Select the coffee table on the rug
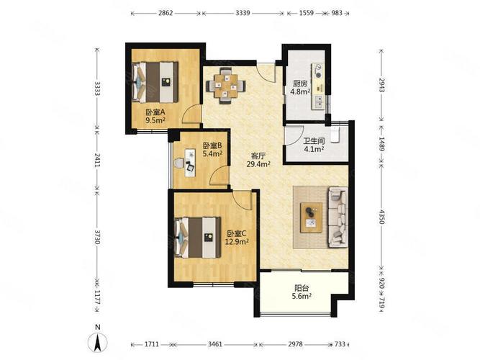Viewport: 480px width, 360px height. pos(312,217)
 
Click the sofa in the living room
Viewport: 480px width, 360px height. pos(338,217)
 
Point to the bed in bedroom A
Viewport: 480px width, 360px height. pos(155,82)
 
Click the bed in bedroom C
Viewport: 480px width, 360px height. pos(198,238)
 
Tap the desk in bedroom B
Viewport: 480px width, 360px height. pos(190,163)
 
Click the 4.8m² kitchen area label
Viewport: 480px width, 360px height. pos(300,91)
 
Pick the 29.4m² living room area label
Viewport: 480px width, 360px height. pos(258,164)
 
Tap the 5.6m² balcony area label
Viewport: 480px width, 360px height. pos(302,296)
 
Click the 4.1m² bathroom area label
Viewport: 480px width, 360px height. pos(314,149)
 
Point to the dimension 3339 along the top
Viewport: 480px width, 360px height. pos(243,13)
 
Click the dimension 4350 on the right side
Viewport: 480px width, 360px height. pos(381,216)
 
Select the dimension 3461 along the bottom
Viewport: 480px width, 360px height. pos(215,344)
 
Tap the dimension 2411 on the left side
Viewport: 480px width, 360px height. pos(97,160)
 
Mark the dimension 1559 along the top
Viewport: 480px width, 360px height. pos(306,13)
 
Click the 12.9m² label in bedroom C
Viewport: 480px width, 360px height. pos(237,242)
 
